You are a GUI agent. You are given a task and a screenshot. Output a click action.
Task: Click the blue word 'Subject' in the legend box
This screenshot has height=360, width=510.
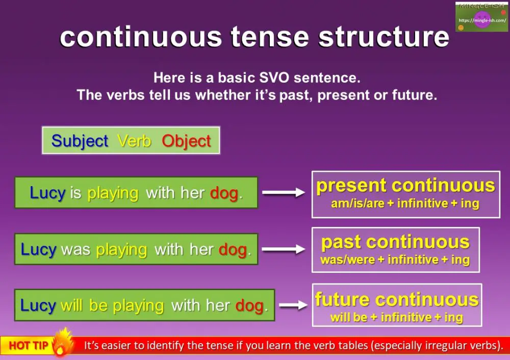click(x=80, y=141)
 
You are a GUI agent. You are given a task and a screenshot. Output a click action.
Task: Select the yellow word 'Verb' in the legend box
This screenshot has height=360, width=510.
click(x=134, y=141)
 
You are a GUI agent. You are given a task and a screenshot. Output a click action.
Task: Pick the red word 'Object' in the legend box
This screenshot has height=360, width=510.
click(x=186, y=141)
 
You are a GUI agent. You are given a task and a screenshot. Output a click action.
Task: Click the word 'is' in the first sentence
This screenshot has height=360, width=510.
click(x=76, y=193)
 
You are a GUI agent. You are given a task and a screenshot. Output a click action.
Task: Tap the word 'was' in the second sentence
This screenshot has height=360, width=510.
click(x=75, y=249)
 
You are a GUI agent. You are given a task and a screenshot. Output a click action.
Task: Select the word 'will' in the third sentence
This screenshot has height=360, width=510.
click(x=71, y=305)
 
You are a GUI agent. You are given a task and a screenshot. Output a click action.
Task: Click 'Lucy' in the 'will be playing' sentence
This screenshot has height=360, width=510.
click(x=38, y=305)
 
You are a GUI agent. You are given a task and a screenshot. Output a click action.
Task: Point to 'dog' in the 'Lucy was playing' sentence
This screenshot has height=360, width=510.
click(x=233, y=249)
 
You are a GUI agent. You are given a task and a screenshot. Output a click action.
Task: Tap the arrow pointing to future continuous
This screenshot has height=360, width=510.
click(x=293, y=305)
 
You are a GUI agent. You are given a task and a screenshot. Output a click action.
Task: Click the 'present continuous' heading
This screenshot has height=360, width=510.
click(x=405, y=186)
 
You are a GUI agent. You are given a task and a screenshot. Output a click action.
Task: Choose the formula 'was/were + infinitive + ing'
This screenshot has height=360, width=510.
click(x=395, y=260)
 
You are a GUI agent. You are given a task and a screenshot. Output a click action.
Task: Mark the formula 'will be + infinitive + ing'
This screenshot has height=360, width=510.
click(x=396, y=317)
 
